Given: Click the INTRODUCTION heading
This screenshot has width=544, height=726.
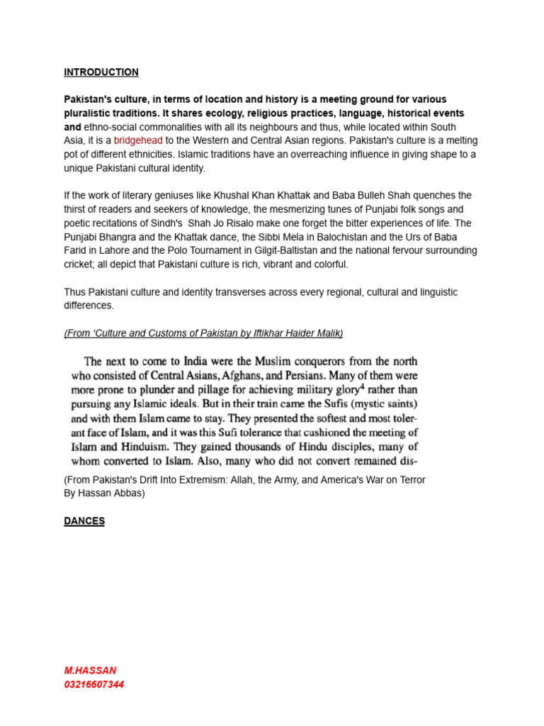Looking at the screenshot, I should (101, 72).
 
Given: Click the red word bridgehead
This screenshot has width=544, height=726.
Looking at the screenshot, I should (138, 140).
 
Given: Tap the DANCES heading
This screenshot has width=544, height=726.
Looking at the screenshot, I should (84, 521).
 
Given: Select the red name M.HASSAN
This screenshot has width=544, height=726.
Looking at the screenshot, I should (90, 670).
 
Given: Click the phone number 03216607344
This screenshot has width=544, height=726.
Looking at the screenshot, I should (93, 685).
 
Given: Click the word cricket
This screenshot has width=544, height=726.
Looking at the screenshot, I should (79, 264).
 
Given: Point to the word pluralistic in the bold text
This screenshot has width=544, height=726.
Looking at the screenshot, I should (89, 113).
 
